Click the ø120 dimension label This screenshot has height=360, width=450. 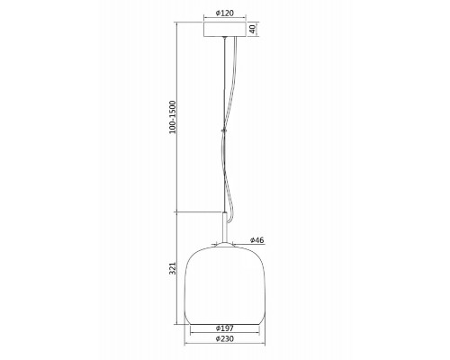225,13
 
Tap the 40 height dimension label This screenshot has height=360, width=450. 252,29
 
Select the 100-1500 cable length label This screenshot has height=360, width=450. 173,117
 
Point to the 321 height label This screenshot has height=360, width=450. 173,268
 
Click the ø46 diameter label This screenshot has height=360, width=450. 257,240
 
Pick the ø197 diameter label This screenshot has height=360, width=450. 225,328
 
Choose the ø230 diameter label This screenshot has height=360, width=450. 225,338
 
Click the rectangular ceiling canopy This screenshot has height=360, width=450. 225,30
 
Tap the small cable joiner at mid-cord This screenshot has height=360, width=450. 223,130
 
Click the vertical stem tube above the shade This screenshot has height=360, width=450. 225,227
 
